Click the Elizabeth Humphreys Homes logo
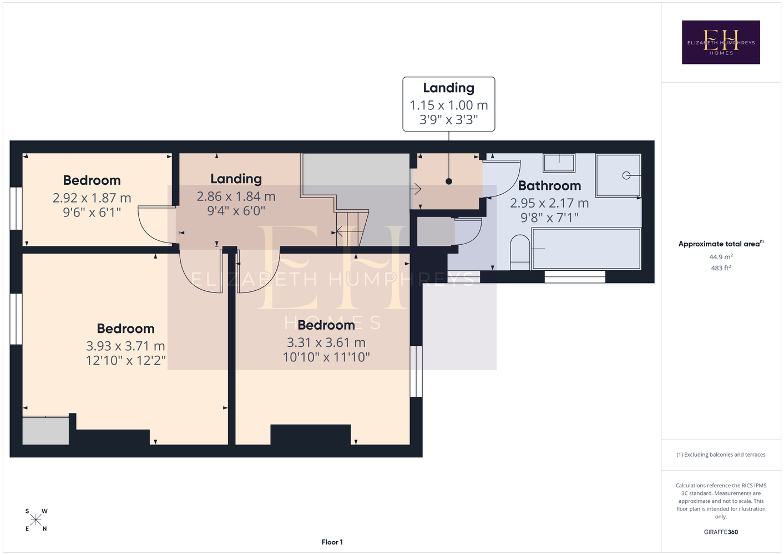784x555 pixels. tap(721, 42)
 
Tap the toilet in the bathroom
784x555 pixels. tap(520, 252)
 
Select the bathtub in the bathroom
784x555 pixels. tap(586, 249)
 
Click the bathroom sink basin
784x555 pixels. tap(559, 163)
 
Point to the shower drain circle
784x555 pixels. tap(626, 175)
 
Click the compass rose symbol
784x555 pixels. tap(36, 520)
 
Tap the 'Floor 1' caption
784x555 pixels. tap(332, 542)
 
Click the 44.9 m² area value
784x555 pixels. tap(721, 256)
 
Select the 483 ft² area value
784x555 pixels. tap(721, 268)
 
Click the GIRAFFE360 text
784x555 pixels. tap(721, 532)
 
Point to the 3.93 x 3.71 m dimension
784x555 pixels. tap(125, 346)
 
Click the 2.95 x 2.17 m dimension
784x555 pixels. tap(549, 203)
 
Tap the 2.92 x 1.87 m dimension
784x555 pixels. tap(92, 198)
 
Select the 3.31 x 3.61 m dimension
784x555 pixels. tap(326, 342)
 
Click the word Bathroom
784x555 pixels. tap(549, 185)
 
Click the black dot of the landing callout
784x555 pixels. tap(449, 181)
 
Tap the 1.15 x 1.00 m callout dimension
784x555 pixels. tap(449, 105)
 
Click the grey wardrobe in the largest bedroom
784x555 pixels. tap(45, 431)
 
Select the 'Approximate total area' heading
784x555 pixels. tap(721, 244)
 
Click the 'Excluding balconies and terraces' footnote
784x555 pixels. tap(721, 455)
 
